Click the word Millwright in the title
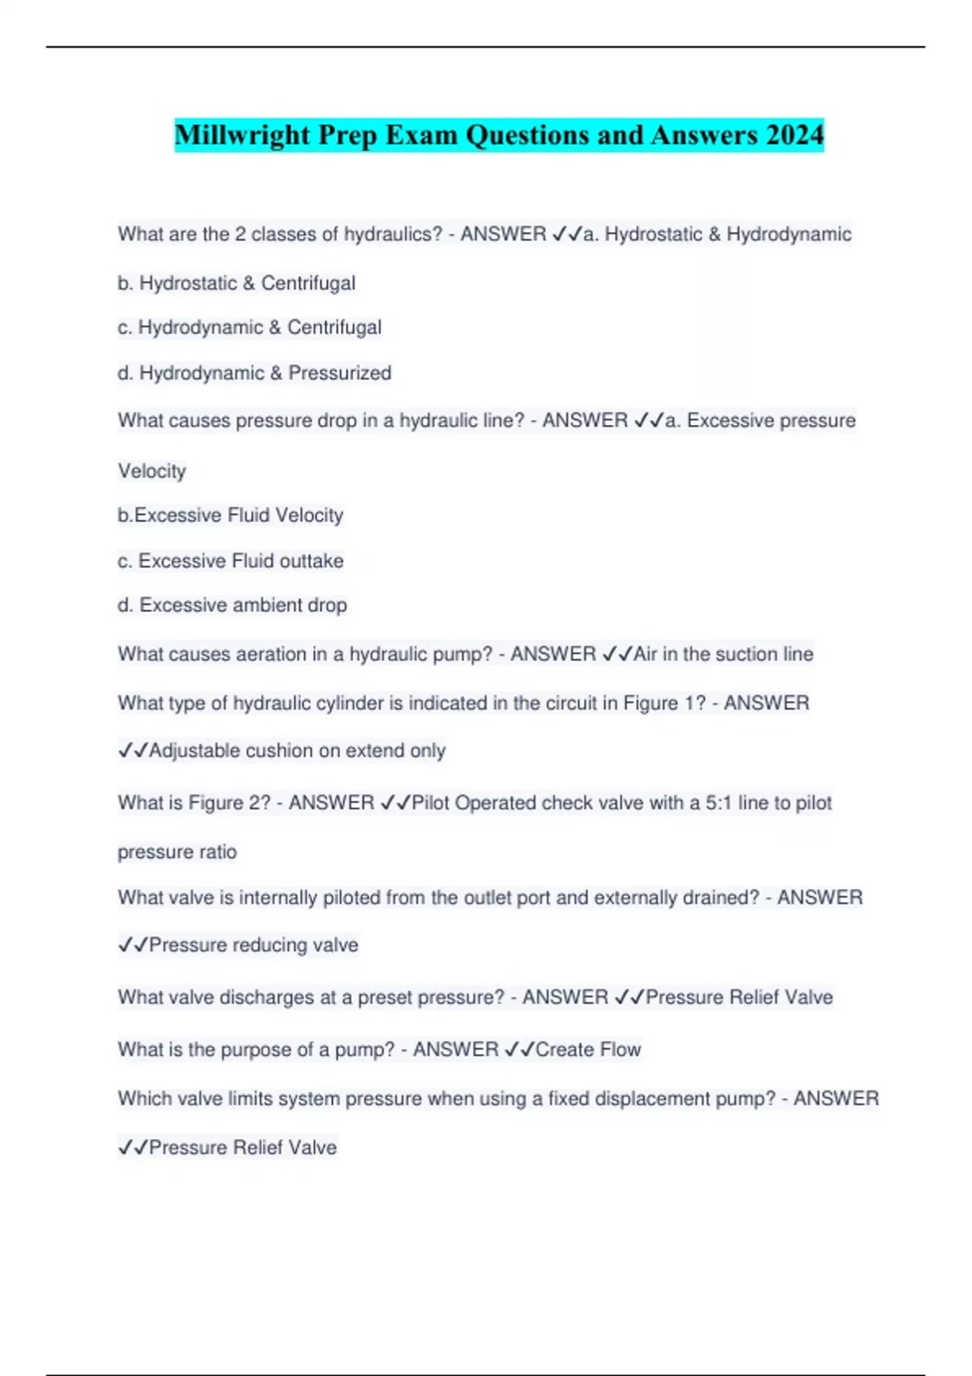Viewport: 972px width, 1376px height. (242, 134)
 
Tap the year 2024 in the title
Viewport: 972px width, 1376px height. (794, 134)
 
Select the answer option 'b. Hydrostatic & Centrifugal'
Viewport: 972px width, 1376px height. (237, 283)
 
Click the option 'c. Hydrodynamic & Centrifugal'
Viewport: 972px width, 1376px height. (249, 328)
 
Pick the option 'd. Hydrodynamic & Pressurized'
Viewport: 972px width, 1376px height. (254, 373)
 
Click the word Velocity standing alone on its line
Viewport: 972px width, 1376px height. (152, 471)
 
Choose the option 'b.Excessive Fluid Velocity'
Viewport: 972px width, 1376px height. (230, 516)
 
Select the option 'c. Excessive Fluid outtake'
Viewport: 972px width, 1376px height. (231, 561)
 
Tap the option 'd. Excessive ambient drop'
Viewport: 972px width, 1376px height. (232, 605)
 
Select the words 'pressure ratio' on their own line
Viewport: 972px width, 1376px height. (177, 852)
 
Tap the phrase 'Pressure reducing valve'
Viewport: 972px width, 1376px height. (254, 945)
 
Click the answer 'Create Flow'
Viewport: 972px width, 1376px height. (588, 1050)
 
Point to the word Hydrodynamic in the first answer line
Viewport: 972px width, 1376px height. (789, 235)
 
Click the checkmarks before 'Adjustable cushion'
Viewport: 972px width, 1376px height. (133, 751)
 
